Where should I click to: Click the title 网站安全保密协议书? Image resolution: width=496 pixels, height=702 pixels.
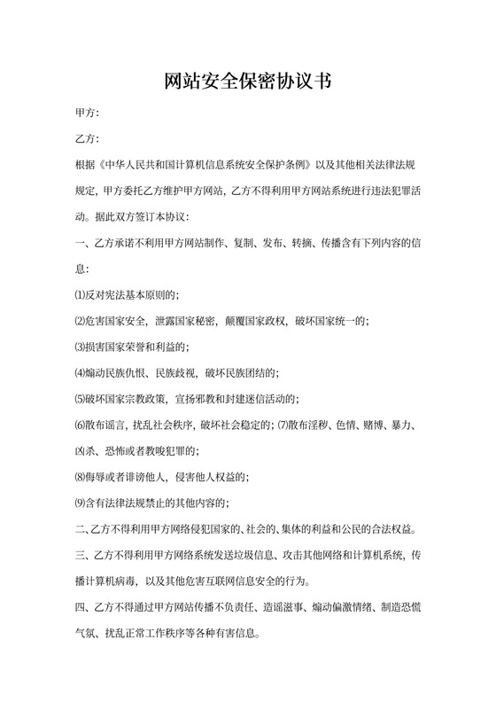coord(248,82)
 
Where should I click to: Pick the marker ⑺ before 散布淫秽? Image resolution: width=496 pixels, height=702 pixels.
coord(283,425)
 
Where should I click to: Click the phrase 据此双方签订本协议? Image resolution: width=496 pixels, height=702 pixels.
coord(139,216)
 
